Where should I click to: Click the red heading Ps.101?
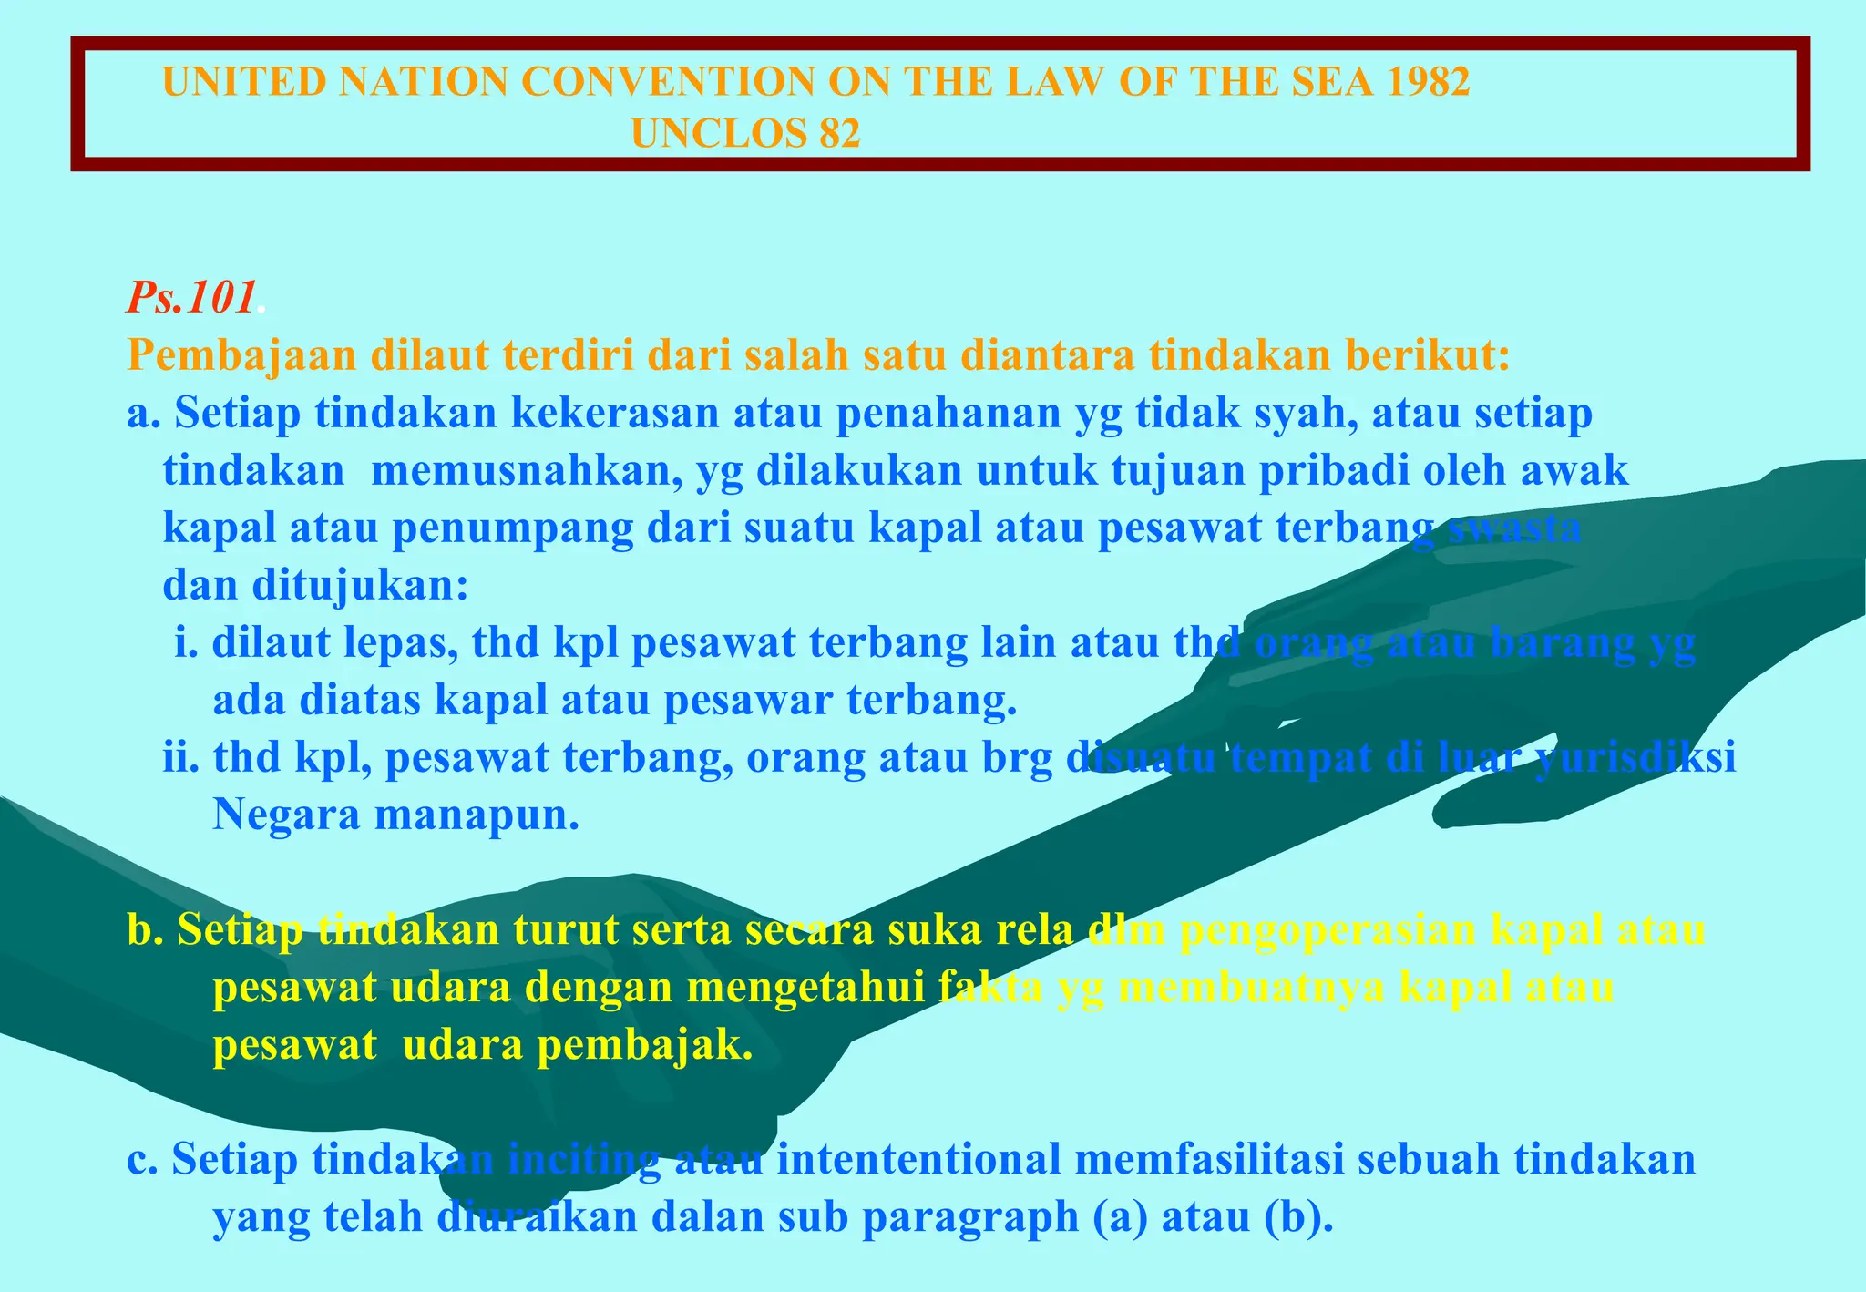click(x=191, y=298)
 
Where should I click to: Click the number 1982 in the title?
click(x=1428, y=82)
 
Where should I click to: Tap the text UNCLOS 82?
click(x=745, y=134)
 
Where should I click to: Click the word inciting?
click(x=583, y=1161)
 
